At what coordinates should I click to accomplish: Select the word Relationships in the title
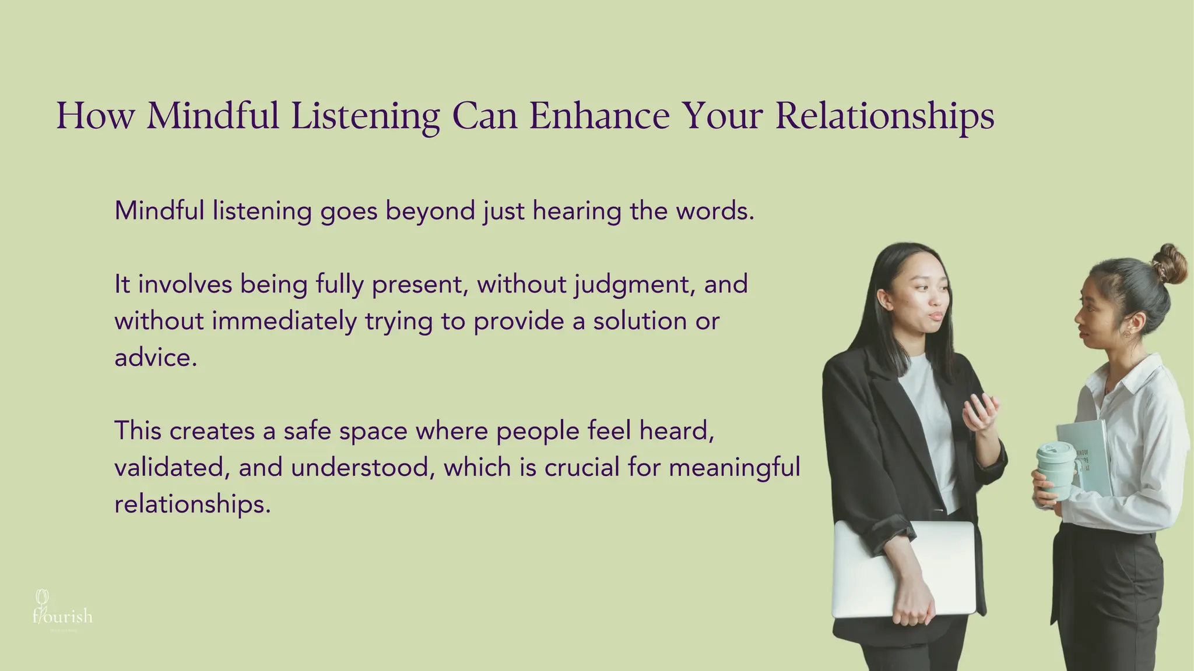884,116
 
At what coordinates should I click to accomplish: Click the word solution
640,321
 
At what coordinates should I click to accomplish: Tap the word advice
156,358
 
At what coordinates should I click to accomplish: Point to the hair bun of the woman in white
1169,264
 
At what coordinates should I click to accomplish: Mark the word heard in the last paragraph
676,431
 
